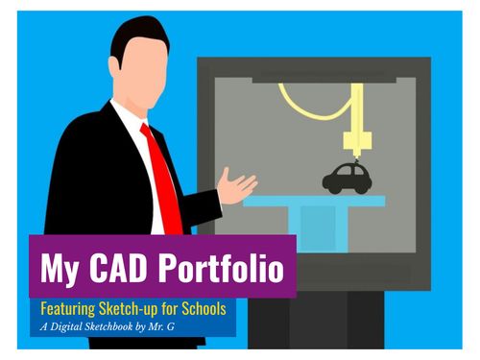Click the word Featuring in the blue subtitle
70,310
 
